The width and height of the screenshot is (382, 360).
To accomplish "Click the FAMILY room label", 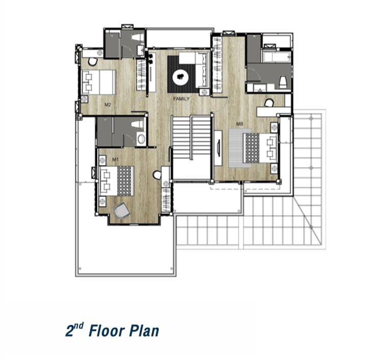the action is (x=181, y=99).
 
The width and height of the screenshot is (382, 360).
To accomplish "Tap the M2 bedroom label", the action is (x=107, y=105).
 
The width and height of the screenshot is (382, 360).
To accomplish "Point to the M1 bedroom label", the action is (x=115, y=159).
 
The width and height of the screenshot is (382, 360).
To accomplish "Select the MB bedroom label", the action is (x=240, y=124).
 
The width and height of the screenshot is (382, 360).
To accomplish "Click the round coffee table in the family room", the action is (x=181, y=77).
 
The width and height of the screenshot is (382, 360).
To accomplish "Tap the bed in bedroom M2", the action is (x=99, y=82).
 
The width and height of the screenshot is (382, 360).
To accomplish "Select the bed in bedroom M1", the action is (x=117, y=181).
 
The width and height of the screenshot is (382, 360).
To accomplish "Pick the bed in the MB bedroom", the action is (x=260, y=148).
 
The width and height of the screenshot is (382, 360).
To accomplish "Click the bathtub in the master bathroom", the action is (x=277, y=57).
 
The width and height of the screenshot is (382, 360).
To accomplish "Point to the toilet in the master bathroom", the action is (x=283, y=82).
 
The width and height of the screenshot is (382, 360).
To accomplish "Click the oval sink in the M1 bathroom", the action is (x=141, y=139).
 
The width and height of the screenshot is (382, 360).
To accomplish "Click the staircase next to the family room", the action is (x=191, y=137).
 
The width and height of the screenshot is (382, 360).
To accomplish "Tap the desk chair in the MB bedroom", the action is (x=269, y=103).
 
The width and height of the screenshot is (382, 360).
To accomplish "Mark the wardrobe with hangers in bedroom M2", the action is (x=141, y=75).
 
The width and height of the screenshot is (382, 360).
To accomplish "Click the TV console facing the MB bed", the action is (x=218, y=148).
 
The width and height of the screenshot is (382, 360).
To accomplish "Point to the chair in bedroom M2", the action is (x=92, y=62).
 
